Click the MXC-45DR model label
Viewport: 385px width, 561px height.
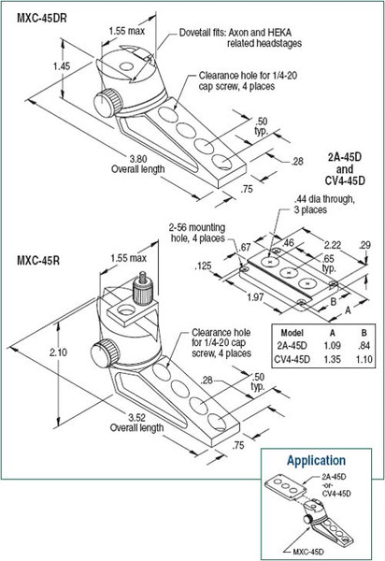coord(42,18)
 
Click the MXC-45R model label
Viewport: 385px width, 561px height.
coord(38,260)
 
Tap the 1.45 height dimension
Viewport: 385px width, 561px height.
coord(62,65)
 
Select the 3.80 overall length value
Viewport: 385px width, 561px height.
coord(139,159)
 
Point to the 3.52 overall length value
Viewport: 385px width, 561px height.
coord(137,418)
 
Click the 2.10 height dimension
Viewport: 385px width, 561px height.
coord(58,352)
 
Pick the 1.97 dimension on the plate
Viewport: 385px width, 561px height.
coord(255,297)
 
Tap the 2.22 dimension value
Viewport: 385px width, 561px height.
coord(333,245)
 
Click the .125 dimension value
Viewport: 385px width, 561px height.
coord(203,266)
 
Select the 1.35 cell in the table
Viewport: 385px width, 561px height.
coord(332,359)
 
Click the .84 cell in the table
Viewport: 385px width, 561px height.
coord(364,346)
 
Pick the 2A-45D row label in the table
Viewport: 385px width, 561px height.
coord(292,346)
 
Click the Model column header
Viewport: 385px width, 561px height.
coord(292,333)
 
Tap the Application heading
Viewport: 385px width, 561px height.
coord(317,460)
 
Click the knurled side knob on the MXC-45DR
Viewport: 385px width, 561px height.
coord(107,103)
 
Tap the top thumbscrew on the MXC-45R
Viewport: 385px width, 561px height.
coord(143,289)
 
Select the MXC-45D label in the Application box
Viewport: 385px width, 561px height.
coord(308,552)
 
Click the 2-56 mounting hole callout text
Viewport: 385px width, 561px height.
coord(197,233)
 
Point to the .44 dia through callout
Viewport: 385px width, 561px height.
coord(324,204)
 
